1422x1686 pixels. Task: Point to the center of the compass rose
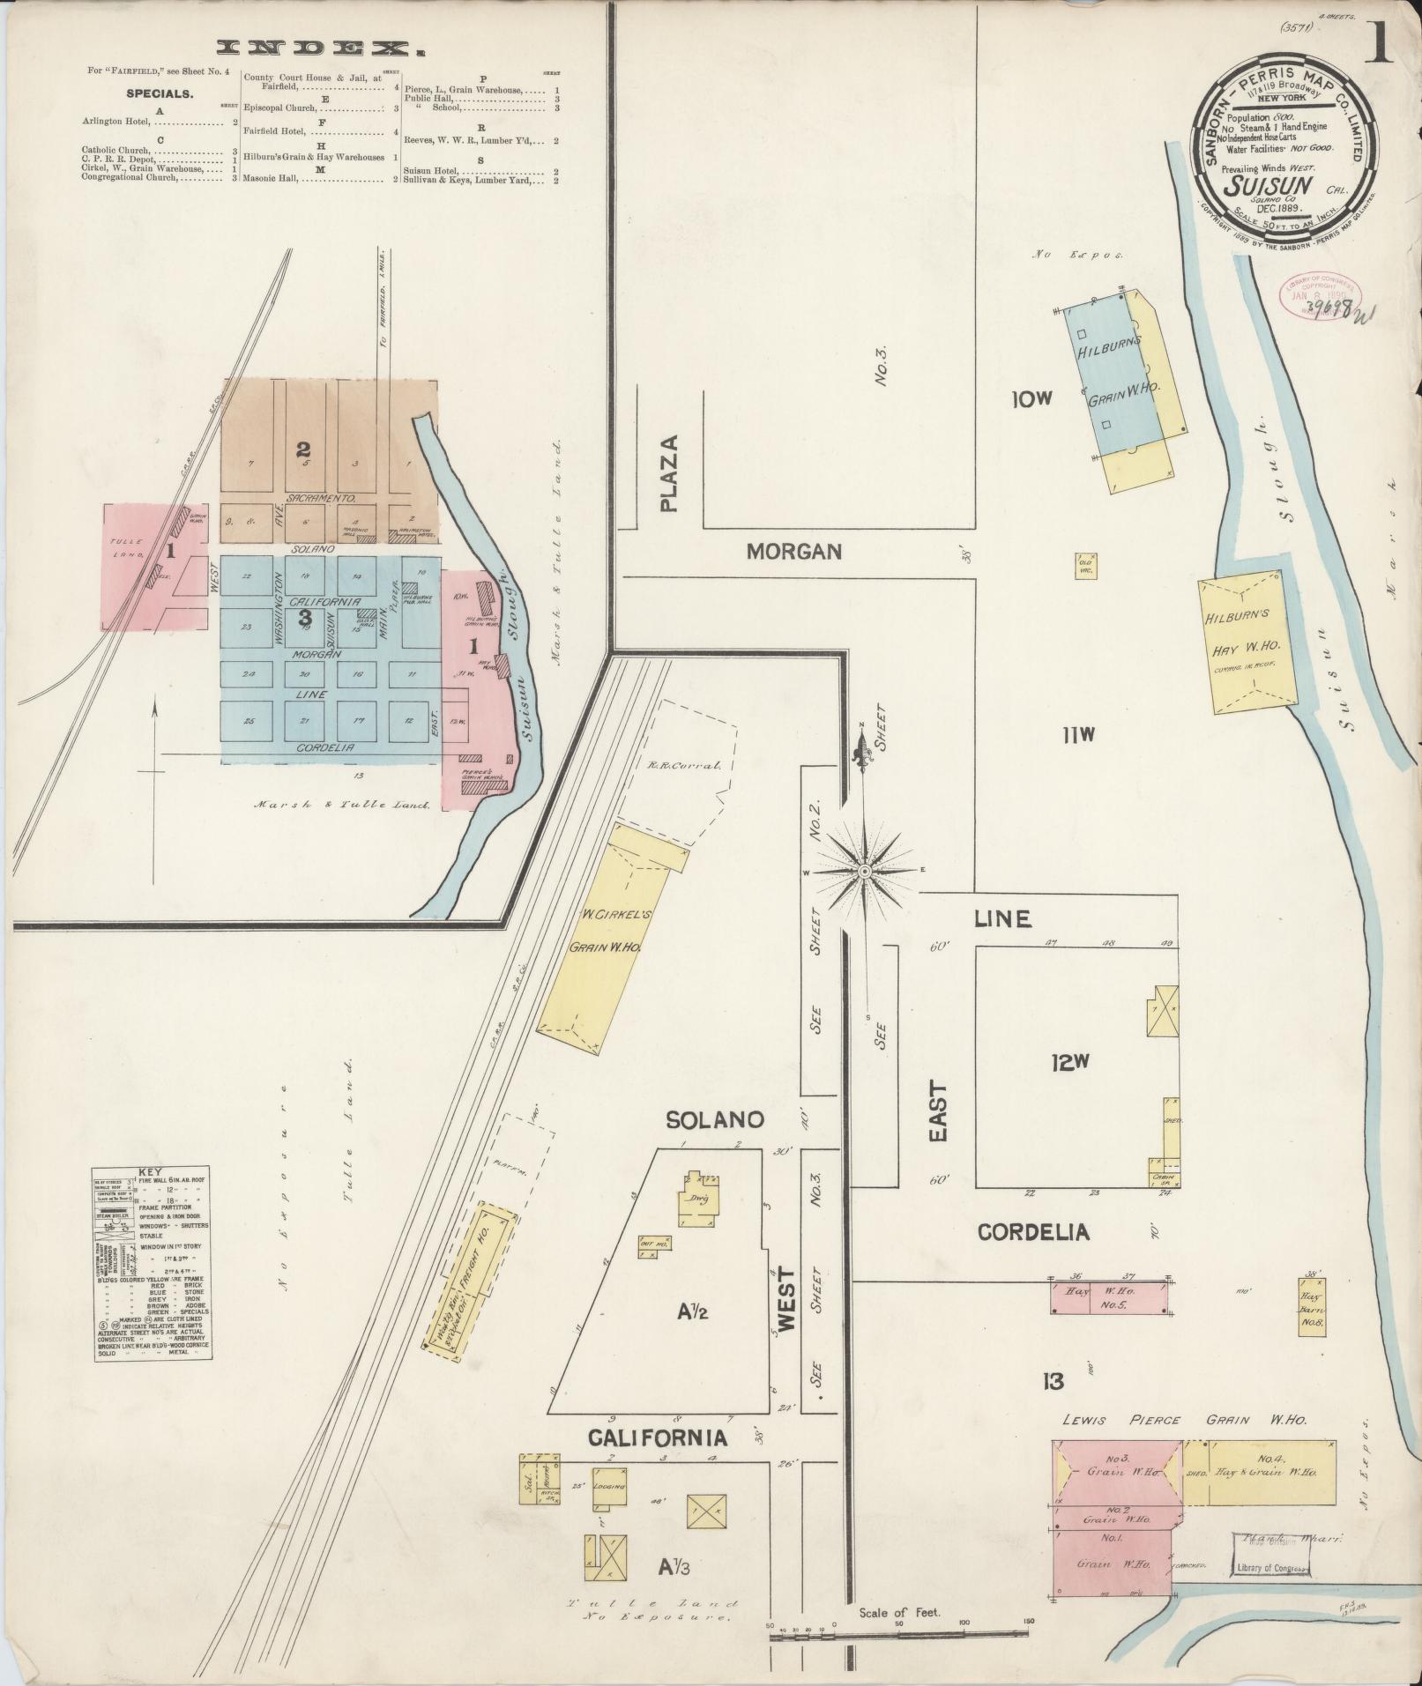click(x=865, y=871)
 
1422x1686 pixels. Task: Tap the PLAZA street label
click(x=672, y=473)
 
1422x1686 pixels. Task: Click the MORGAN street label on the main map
click(x=793, y=553)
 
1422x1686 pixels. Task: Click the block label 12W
click(x=1070, y=1064)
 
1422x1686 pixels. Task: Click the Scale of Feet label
click(x=899, y=1613)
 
